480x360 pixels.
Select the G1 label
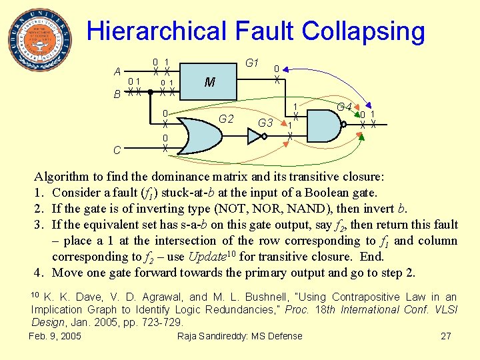(252, 63)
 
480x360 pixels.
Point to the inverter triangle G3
(255, 136)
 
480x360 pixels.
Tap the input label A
(117, 72)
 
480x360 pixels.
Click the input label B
(117, 95)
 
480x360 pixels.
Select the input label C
(117, 150)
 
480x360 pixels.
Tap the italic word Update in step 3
(207, 257)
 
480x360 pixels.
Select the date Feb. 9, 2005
(55, 336)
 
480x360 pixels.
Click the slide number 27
(446, 336)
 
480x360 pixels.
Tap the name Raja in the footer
(189, 336)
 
